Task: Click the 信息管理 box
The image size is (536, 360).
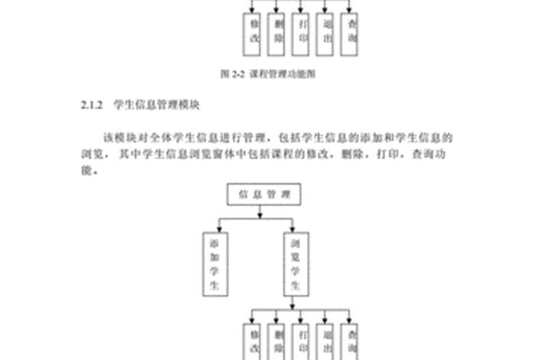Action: (263, 194)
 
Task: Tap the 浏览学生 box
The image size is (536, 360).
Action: (296, 265)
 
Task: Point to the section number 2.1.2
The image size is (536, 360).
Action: (91, 102)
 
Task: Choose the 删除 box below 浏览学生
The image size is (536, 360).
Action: (276, 341)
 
